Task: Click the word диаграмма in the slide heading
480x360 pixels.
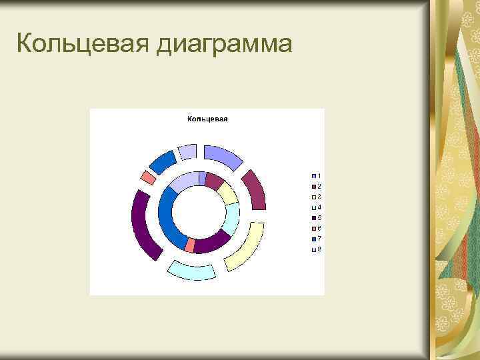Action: pos(225,45)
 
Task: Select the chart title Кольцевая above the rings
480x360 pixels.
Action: pos(207,119)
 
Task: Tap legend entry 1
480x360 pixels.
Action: pos(316,175)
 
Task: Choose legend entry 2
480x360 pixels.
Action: pos(316,186)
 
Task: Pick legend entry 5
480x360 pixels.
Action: pos(316,218)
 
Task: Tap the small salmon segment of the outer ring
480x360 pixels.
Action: pos(148,178)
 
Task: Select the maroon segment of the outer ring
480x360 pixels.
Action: pos(255,190)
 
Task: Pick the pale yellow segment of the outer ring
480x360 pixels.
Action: pos(245,247)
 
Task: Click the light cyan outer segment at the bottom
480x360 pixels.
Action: pos(191,271)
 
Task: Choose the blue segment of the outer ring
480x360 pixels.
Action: pos(162,161)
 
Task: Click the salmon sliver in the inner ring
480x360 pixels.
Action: pos(190,245)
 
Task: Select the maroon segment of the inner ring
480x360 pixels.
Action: pos(213,179)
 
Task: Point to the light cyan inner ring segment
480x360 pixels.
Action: pos(231,219)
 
